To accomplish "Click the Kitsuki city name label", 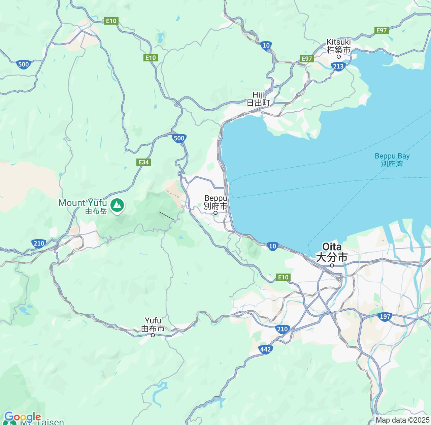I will point(338,46).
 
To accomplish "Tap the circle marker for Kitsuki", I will point(339,57).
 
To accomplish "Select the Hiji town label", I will point(258,99).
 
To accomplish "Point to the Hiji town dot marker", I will point(258,109).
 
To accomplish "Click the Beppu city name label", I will point(215,202).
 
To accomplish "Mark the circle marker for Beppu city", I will point(215,213).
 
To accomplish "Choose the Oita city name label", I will point(332,252).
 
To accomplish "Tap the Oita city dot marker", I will point(332,265).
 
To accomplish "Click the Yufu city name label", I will point(153,324).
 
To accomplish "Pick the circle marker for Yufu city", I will point(153,335).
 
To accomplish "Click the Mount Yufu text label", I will point(83,206).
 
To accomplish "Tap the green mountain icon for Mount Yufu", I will point(117,205).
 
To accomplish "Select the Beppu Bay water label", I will point(392,160).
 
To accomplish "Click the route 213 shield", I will point(338,66).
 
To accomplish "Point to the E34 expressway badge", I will point(143,162).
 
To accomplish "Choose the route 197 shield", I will point(385,316).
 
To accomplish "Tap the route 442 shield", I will point(266,349).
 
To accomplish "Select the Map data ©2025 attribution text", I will point(403,420).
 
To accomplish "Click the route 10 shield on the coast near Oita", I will point(273,246).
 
